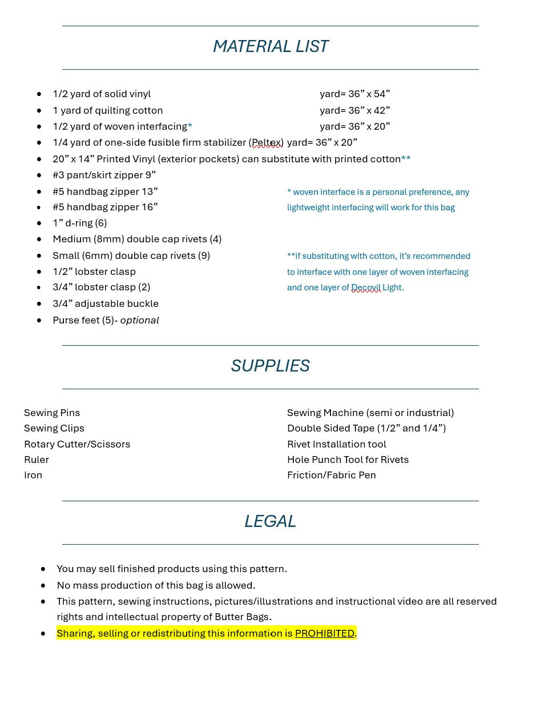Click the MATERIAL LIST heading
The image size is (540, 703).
click(x=270, y=46)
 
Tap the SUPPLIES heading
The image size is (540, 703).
click(x=270, y=366)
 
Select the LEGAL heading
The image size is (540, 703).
click(x=270, y=521)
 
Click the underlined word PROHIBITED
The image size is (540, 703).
click(x=324, y=633)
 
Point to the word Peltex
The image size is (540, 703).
click(x=267, y=143)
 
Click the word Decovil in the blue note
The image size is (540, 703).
click(x=366, y=287)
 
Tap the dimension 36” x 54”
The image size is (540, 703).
click(x=369, y=94)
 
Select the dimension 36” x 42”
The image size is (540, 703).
click(x=369, y=110)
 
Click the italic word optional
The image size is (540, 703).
click(x=139, y=320)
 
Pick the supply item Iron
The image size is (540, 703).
click(x=33, y=475)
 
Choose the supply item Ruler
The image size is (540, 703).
click(x=37, y=460)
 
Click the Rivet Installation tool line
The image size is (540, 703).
click(x=336, y=444)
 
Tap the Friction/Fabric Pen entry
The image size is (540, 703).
click(x=331, y=475)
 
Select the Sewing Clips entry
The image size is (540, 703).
click(x=54, y=428)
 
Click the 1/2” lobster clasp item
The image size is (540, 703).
click(x=94, y=271)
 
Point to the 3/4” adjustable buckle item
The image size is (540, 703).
click(x=106, y=303)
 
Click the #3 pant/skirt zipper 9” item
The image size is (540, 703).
click(x=104, y=175)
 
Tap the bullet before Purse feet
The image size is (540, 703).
click(x=39, y=320)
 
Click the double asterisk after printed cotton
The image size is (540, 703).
click(x=406, y=158)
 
